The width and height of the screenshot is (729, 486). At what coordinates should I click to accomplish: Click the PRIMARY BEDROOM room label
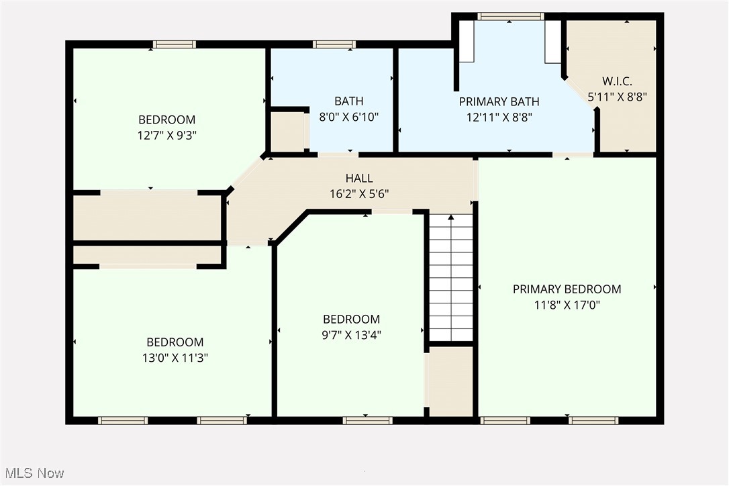point(567,289)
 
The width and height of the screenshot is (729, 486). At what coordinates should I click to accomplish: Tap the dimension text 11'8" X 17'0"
point(567,304)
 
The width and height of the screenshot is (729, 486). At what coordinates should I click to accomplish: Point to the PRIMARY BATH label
point(499,102)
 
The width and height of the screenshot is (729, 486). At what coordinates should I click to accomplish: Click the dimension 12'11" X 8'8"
point(499,117)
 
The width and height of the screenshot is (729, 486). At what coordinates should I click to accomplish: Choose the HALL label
point(359,179)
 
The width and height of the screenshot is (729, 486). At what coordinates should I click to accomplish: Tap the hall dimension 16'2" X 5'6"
point(359,193)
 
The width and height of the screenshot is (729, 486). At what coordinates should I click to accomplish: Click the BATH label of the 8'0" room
point(349,101)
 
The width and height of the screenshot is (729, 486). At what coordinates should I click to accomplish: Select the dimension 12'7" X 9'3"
point(167,134)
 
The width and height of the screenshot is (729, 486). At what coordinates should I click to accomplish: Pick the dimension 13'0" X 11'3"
point(175,358)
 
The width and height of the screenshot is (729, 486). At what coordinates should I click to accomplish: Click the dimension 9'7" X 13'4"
point(351,334)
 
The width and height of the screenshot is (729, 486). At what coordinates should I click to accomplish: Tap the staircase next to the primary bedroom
point(451,282)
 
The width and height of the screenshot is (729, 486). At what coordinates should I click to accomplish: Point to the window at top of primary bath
point(510,16)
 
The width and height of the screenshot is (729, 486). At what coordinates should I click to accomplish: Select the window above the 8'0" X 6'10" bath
point(334,45)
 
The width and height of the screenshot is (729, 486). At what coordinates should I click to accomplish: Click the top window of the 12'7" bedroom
point(175,45)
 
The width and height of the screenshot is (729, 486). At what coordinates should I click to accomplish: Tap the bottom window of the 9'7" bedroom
point(367,421)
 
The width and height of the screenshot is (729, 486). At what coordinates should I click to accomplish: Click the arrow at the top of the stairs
point(451,217)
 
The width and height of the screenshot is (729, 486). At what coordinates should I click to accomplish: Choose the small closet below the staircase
point(451,380)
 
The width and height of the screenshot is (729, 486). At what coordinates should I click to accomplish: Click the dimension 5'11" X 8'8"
point(610,97)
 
